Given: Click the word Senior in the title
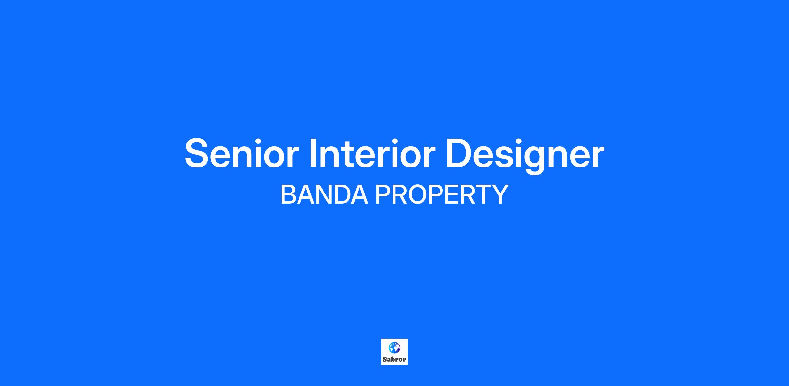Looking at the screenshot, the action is tap(242, 153).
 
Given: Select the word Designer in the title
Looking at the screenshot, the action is tap(525, 155).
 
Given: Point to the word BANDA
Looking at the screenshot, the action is tap(324, 194).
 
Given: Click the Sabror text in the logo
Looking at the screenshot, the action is tap(394, 359).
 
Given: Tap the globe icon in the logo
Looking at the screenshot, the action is tap(394, 348).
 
